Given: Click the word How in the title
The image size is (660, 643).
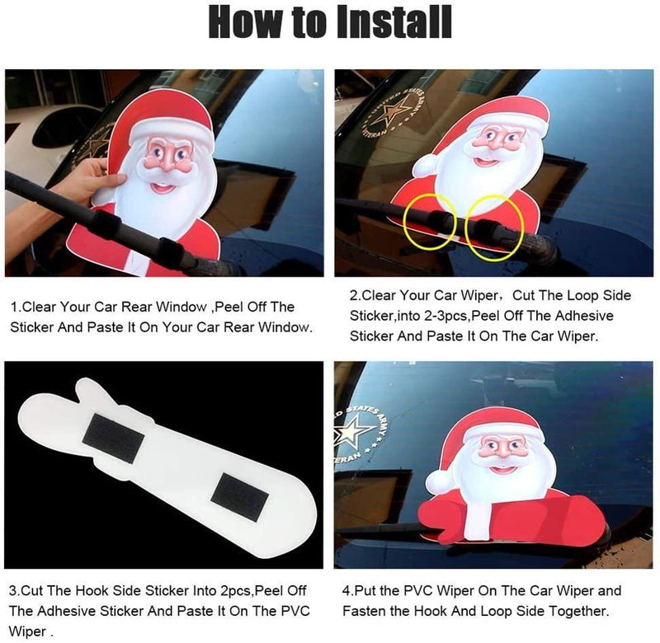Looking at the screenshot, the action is [245, 22].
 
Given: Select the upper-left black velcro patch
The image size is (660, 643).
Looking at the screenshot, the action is [113, 439].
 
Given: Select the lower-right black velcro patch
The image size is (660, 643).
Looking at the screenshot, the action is [239, 498].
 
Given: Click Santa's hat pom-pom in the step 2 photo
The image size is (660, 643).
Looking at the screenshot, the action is [424, 166].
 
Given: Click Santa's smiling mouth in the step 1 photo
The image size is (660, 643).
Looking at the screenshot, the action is [163, 187].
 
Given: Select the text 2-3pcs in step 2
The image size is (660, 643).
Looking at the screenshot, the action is [445, 316].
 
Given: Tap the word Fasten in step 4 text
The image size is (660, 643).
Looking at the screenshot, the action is [364, 611].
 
